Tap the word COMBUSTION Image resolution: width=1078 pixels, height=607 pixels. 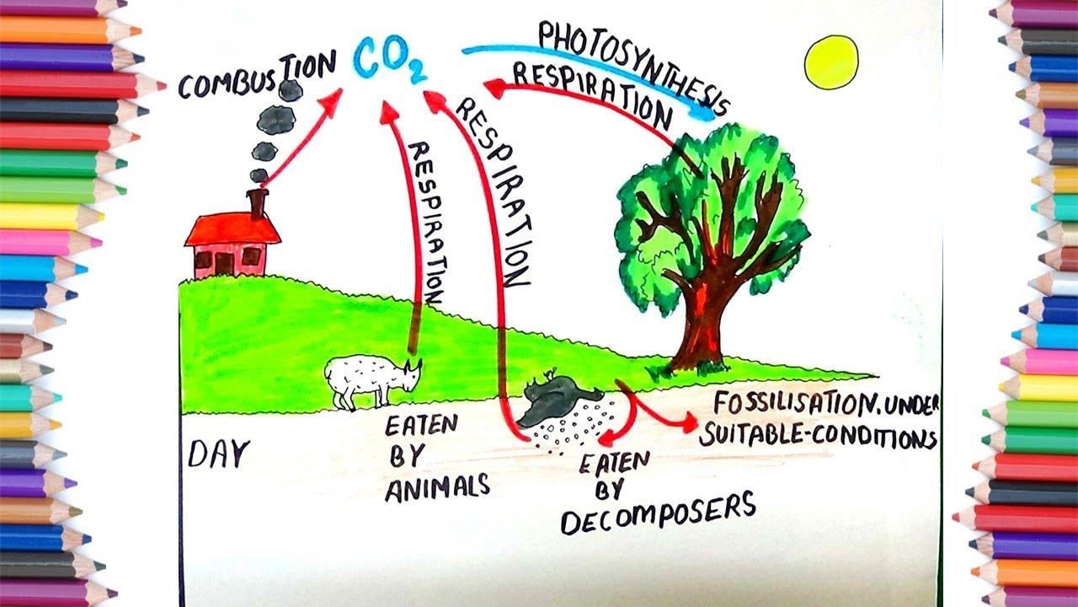click(257, 76)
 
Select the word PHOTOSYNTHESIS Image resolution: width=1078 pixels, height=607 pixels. click(632, 63)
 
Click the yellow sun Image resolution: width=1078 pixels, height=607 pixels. click(830, 62)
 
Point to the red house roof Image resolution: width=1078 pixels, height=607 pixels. click(232, 229)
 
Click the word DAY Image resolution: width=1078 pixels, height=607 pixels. click(219, 455)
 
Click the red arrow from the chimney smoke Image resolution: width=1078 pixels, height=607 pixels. click(303, 135)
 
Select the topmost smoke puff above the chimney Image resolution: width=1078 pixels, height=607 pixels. click(291, 90)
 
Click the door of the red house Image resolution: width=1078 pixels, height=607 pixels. click(223, 264)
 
